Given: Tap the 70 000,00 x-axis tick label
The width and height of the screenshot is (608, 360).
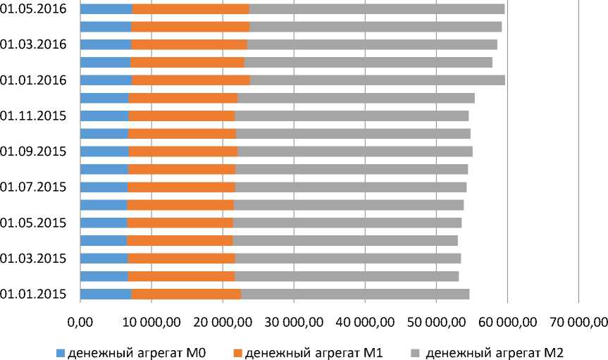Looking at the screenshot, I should (x=578, y=322).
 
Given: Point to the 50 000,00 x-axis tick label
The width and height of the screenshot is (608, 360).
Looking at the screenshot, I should (x=435, y=322).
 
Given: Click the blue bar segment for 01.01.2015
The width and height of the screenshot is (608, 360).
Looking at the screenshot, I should (x=106, y=294).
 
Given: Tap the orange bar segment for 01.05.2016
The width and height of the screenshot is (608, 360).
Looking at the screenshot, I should (x=190, y=8).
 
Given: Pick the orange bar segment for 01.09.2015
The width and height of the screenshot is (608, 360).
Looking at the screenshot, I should (x=183, y=151).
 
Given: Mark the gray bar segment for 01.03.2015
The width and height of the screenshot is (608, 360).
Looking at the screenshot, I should (x=347, y=258).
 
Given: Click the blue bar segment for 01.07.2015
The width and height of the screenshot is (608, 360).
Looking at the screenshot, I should (x=104, y=187).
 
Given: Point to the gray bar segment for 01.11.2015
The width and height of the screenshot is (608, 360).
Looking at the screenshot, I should (x=352, y=116).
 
